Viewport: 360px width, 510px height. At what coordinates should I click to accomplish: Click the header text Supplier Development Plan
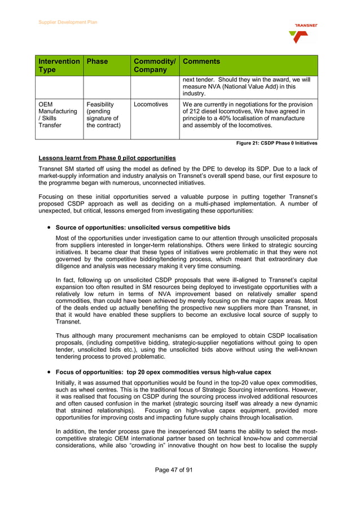(68, 22)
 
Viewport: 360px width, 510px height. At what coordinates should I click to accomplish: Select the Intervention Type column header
(59, 66)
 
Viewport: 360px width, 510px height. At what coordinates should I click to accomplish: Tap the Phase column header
(97, 62)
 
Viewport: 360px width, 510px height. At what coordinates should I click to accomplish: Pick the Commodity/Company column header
(155, 66)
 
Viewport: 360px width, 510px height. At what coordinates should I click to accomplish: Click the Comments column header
(201, 62)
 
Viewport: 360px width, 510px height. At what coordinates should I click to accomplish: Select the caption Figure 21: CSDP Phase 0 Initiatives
(276, 143)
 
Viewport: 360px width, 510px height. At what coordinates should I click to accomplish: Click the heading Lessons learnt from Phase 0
(107, 158)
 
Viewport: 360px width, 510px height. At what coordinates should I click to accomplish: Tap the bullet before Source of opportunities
(50, 228)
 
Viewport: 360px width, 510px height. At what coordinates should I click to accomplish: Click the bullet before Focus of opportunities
(50, 372)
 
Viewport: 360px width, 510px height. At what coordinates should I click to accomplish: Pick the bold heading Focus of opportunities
(163, 372)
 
